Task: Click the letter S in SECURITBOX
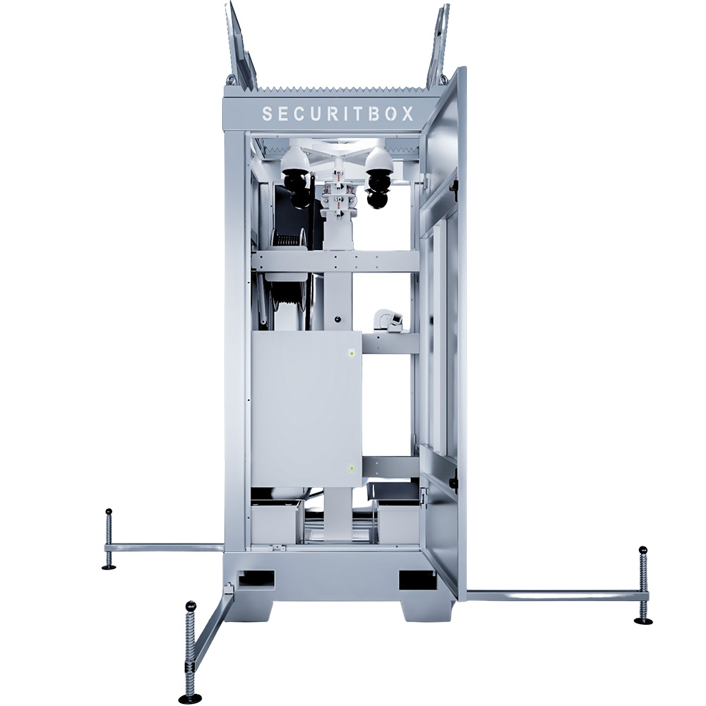pyautogui.click(x=267, y=114)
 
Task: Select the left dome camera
pyautogui.click(x=297, y=176)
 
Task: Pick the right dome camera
pyautogui.click(x=380, y=176)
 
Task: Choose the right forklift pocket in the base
pyautogui.click(x=417, y=580)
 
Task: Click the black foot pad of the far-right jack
pyautogui.click(x=643, y=621)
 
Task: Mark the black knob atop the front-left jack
pyautogui.click(x=190, y=605)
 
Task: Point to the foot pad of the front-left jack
pyautogui.click(x=189, y=699)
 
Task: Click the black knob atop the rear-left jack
pyautogui.click(x=109, y=511)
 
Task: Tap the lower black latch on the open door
pyautogui.click(x=454, y=484)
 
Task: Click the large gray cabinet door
pyautogui.click(x=306, y=409)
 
